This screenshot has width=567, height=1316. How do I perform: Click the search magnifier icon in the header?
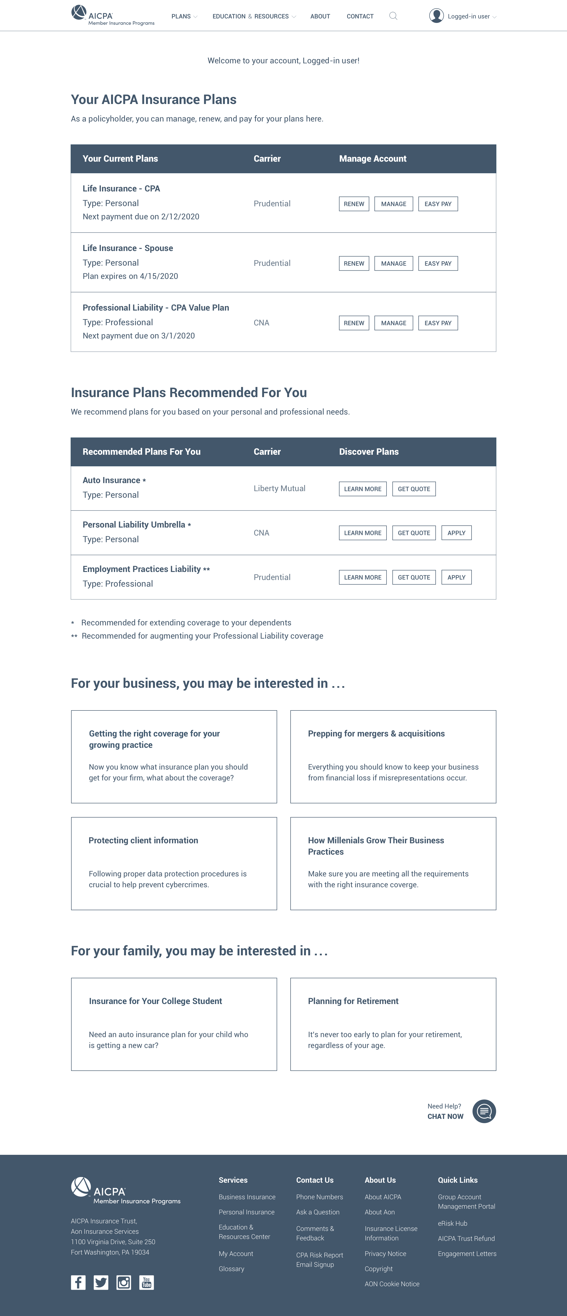(x=393, y=16)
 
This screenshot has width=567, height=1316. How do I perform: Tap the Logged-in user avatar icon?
(x=436, y=16)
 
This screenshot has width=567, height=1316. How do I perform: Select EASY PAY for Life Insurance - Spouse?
(x=438, y=264)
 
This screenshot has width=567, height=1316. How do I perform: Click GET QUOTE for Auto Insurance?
(x=414, y=489)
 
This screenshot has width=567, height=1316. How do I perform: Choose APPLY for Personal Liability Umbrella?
(x=456, y=533)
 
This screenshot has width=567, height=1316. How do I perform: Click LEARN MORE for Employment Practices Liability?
(x=363, y=577)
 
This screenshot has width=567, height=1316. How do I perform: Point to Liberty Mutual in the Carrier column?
(x=279, y=488)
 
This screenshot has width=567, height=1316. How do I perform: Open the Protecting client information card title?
(x=143, y=840)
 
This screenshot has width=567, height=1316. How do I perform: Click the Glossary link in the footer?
(x=231, y=1269)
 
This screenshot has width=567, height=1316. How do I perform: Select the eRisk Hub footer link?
(x=452, y=1224)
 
